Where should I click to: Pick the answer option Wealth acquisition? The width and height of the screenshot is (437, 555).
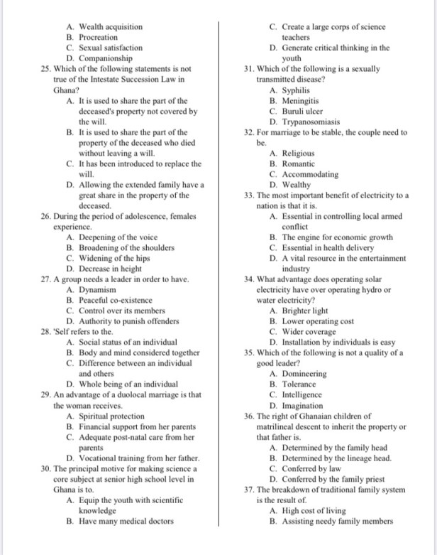point(110,27)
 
